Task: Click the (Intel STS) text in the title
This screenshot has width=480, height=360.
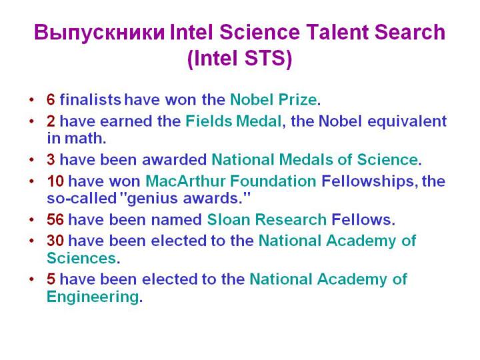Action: coord(240,58)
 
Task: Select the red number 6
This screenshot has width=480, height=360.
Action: coord(51,100)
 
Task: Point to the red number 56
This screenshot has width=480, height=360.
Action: coord(55,219)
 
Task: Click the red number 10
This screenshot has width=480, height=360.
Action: coord(55,181)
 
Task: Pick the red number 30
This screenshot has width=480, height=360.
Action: coord(55,241)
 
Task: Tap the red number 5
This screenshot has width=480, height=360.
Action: coord(51,279)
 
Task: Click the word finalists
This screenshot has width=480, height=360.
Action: coord(90,99)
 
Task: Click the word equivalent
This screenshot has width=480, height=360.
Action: coord(407,121)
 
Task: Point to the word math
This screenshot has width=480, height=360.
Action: coord(85,138)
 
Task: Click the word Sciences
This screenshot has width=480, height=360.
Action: coord(81,258)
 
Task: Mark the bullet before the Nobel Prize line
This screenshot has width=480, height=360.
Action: coord(31,100)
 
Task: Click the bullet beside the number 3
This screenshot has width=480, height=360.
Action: coord(31,160)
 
